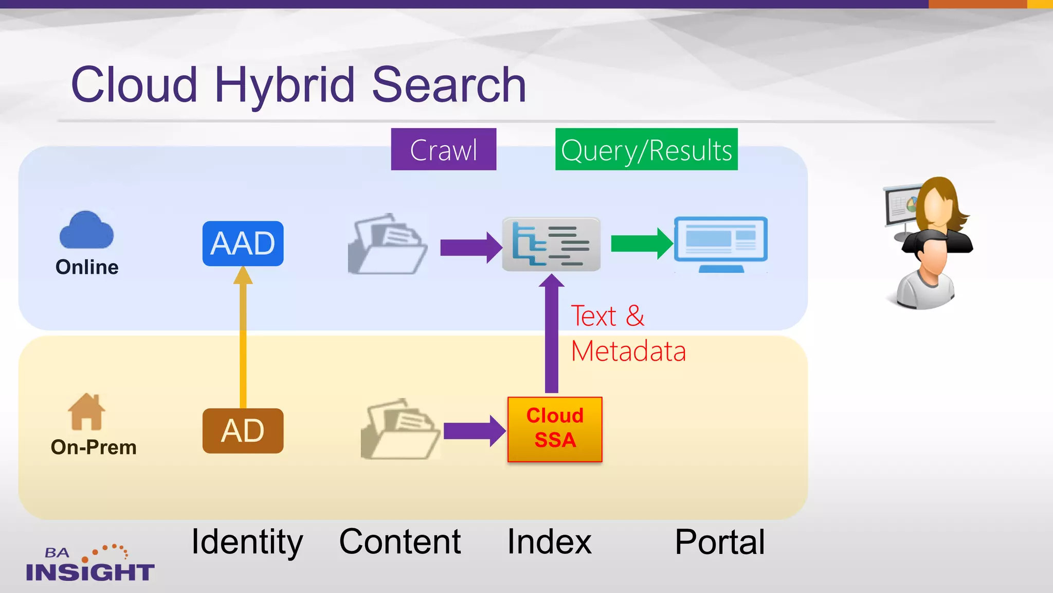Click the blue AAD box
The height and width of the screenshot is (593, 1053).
pyautogui.click(x=243, y=243)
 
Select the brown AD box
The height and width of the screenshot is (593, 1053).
pyautogui.click(x=243, y=431)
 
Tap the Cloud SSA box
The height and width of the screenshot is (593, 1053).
pyautogui.click(x=555, y=429)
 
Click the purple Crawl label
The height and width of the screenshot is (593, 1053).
pyautogui.click(x=443, y=149)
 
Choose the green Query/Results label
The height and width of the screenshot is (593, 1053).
pyautogui.click(x=646, y=149)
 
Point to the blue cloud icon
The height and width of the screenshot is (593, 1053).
pyautogui.click(x=86, y=231)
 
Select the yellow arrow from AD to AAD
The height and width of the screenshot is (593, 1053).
pyautogui.click(x=243, y=340)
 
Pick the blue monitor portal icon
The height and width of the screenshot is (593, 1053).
pyautogui.click(x=721, y=243)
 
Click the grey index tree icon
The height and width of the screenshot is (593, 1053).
pyautogui.click(x=551, y=244)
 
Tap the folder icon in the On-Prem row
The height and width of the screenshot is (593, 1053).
pyautogui.click(x=400, y=429)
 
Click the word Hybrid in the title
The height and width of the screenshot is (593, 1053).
pyautogui.click(x=284, y=84)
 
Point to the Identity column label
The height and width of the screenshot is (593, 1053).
pyautogui.click(x=247, y=542)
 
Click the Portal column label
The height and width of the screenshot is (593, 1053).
pyautogui.click(x=720, y=542)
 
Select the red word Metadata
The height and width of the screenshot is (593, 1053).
pyautogui.click(x=628, y=352)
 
